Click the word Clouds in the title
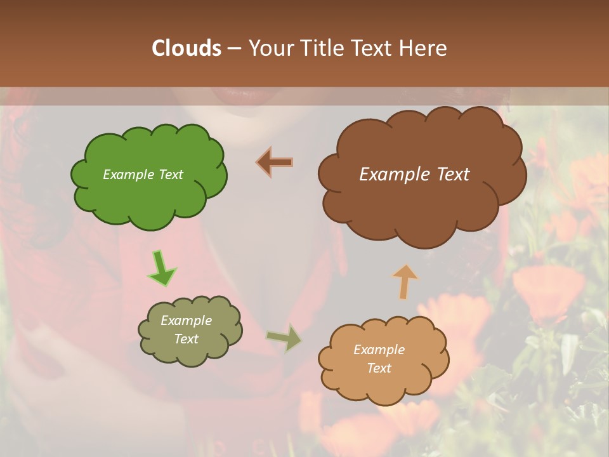point(187,48)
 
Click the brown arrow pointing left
point(275,162)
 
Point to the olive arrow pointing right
point(285,338)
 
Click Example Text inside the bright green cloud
point(143,175)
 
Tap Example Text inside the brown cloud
point(414,175)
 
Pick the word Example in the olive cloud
point(186,321)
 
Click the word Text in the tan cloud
point(379,368)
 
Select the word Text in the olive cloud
point(186,339)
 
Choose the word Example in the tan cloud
point(379,350)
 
